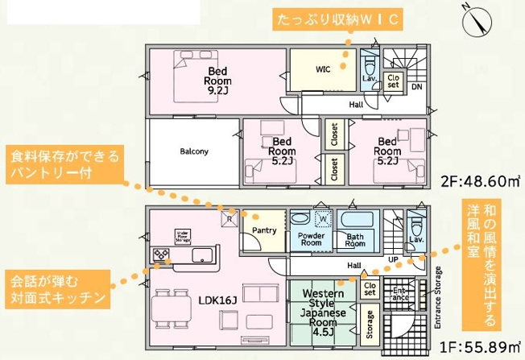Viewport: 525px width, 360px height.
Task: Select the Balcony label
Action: (194, 151)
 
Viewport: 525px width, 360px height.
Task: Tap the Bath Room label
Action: (356, 238)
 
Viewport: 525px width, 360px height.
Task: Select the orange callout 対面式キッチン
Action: (57, 290)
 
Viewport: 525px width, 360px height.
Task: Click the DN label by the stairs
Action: (416, 86)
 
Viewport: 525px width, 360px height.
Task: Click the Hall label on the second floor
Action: (356, 105)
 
